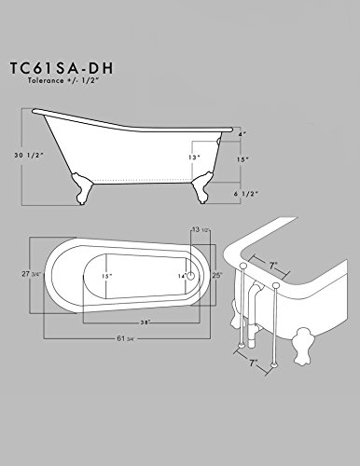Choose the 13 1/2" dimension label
point(198,228)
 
